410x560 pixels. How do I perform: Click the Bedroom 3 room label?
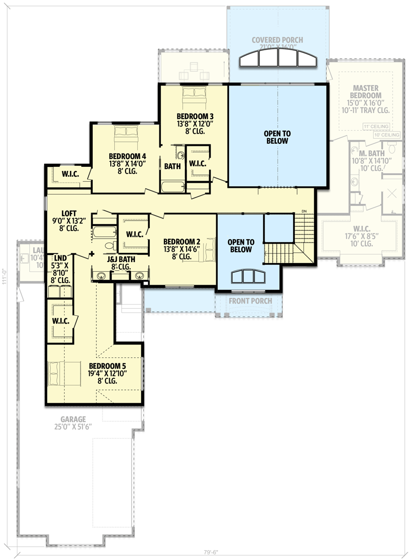click(x=194, y=116)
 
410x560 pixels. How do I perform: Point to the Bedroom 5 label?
click(x=107, y=366)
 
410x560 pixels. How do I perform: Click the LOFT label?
click(x=69, y=213)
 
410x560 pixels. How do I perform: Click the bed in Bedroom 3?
click(x=194, y=93)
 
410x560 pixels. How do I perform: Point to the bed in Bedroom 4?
click(x=126, y=133)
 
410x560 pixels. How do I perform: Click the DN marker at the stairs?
click(x=304, y=211)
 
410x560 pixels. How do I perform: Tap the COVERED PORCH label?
click(x=277, y=40)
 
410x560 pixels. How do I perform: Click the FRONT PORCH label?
click(x=251, y=301)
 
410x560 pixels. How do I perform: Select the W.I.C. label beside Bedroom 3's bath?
click(x=197, y=163)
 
